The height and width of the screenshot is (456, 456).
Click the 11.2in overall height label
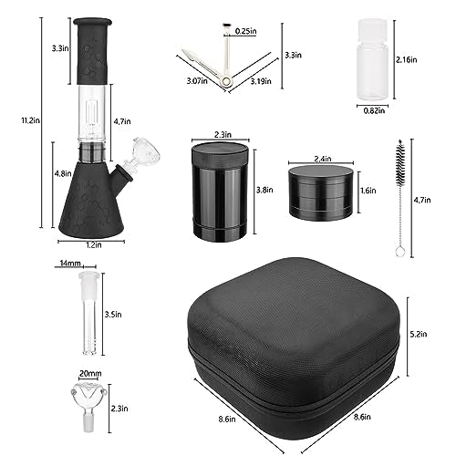[30, 120]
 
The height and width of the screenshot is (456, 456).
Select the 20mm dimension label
[90, 373]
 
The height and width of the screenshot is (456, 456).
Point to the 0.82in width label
[374, 110]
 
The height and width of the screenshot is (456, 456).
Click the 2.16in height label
[406, 60]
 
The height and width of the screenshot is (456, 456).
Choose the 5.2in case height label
[419, 334]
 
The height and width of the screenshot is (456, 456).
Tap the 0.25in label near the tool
[246, 31]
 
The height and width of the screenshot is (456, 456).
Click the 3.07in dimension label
[197, 81]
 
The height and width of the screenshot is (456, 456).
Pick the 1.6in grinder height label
[368, 191]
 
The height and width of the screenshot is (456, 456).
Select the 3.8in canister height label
[264, 190]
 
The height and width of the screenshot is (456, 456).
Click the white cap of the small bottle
[372, 30]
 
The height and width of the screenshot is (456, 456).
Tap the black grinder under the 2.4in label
[321, 192]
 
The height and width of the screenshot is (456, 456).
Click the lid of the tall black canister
[221, 152]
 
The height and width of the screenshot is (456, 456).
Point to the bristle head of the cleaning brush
[400, 163]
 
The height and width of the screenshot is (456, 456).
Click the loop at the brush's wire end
[399, 251]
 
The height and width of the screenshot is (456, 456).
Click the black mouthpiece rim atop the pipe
[92, 22]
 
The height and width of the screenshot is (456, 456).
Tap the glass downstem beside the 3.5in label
[89, 314]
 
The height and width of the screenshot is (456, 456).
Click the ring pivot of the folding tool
[225, 81]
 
